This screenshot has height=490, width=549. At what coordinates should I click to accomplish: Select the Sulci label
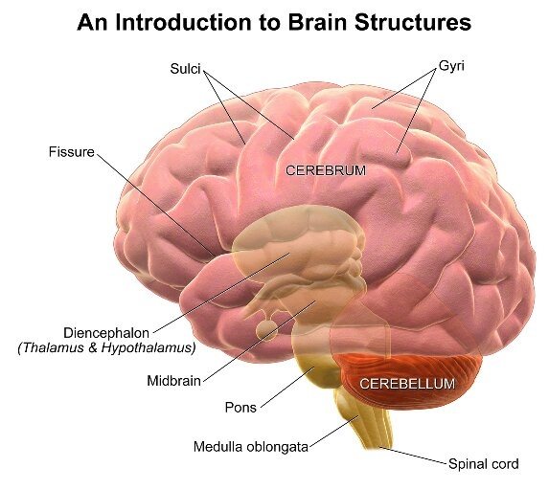coord(186,70)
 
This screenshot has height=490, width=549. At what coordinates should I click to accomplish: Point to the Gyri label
coord(450,68)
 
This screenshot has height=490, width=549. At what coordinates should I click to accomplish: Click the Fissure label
coord(71,152)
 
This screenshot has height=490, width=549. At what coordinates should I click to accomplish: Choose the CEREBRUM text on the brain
coord(326,170)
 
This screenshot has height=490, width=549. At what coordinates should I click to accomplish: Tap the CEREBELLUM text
coord(406,384)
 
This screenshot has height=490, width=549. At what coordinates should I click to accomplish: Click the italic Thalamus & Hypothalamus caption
coord(106,347)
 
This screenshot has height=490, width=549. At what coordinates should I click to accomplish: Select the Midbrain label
coord(173,381)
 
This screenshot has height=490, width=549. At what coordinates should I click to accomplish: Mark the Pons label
coord(240,408)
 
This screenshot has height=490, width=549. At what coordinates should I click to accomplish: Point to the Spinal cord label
coord(483,464)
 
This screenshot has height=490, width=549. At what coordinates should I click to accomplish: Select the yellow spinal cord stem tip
coord(378,442)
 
